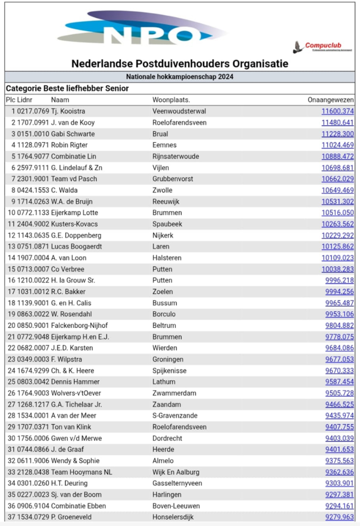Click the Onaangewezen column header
[x=331, y=100]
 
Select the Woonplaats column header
[x=171, y=100]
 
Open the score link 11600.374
[x=338, y=111]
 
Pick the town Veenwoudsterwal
[x=179, y=111]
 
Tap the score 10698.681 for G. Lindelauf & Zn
[x=338, y=168]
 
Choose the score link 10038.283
[x=338, y=269]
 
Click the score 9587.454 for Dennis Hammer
[x=340, y=382]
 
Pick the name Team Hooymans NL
[x=82, y=472]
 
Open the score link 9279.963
[x=340, y=517]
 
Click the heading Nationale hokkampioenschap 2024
[x=180, y=77]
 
